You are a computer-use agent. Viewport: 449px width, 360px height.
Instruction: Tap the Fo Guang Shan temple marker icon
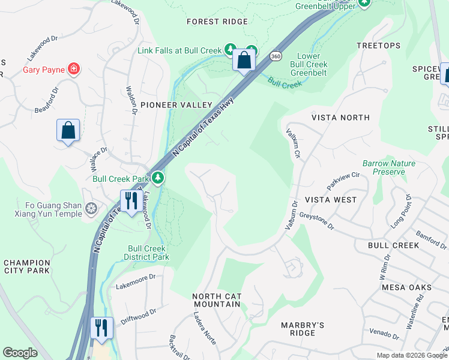point(91,209)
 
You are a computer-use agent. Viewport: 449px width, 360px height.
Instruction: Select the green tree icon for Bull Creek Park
point(157,178)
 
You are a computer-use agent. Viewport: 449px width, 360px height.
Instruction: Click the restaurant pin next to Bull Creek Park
point(130,200)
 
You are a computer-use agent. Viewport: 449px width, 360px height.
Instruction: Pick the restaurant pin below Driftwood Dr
point(101,328)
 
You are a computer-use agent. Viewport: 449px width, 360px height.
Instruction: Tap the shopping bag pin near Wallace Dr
point(68,130)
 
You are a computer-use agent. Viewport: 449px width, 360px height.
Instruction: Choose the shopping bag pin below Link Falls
point(244,59)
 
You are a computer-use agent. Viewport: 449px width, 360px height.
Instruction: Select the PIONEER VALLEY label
point(176,105)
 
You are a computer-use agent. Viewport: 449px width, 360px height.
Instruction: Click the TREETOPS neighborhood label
point(378,46)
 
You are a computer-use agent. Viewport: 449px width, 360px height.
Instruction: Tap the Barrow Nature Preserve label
point(389,167)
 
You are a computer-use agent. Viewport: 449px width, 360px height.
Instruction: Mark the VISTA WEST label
point(330,199)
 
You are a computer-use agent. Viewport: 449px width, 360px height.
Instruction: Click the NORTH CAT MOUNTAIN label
point(216,300)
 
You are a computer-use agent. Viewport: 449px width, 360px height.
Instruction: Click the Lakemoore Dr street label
point(135,277)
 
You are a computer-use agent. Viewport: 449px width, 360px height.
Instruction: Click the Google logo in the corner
point(20,353)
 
